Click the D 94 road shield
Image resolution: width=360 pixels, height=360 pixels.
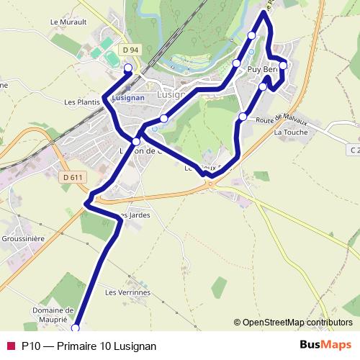[130, 50]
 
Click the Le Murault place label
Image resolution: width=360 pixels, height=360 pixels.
[68, 22]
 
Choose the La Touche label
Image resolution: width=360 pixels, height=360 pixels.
[291, 132]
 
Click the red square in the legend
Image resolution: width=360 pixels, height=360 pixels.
[10, 346]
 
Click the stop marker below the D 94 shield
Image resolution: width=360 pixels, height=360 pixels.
[128, 68]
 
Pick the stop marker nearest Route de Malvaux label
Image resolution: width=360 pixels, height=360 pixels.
[243, 117]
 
